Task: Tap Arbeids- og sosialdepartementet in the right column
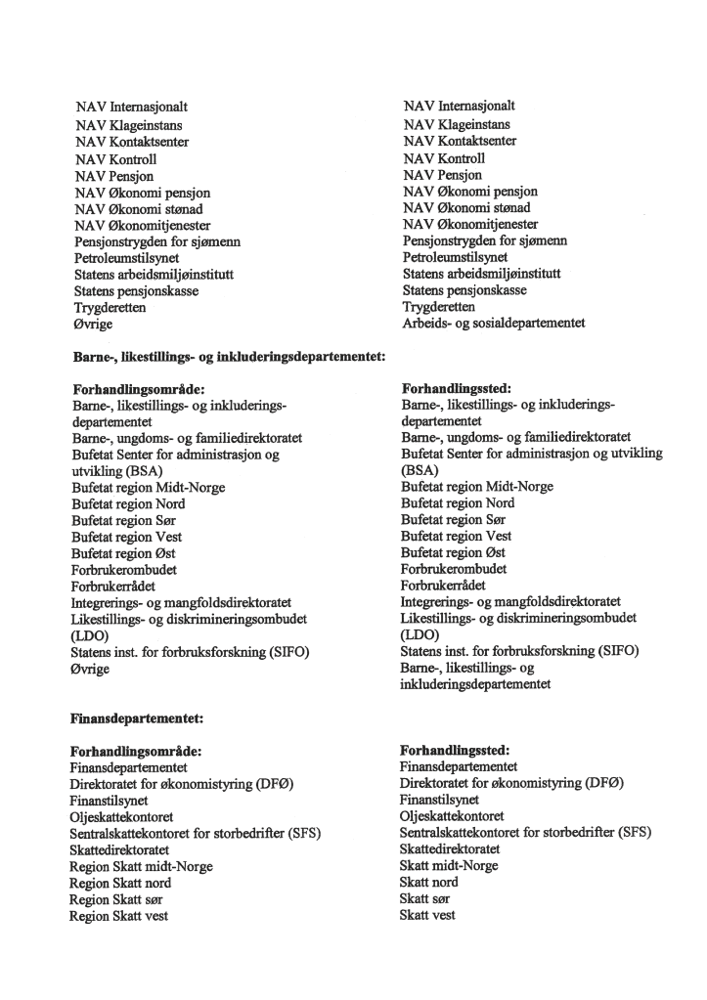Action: [494, 323]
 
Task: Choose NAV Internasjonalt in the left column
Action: [131, 108]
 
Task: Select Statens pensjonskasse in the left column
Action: [136, 290]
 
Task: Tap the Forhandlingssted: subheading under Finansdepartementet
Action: [456, 750]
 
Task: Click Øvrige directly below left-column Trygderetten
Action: [94, 324]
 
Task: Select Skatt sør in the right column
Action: [428, 898]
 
